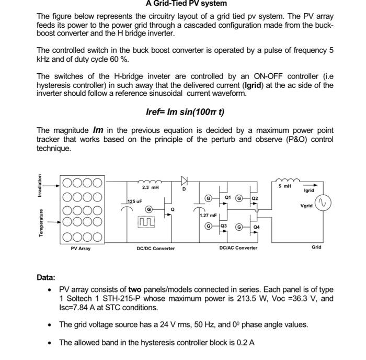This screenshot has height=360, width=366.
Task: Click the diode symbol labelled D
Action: click(184, 181)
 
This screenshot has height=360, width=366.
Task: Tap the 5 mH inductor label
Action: click(284, 186)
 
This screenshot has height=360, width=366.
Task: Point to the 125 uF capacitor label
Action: click(135, 201)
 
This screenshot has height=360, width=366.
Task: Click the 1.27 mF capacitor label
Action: click(208, 215)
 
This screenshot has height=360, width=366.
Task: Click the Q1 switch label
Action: click(228, 197)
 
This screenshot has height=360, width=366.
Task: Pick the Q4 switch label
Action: click(257, 228)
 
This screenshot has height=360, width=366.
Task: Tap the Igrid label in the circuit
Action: click(309, 191)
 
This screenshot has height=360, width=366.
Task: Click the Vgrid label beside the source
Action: click(306, 206)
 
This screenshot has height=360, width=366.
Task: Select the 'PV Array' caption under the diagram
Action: click(81, 248)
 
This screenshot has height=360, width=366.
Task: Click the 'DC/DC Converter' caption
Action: click(155, 248)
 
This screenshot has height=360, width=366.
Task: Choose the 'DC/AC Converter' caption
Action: click(238, 248)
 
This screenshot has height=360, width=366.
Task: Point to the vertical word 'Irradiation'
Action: click(40, 185)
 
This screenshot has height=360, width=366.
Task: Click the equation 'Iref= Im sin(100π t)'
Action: click(185, 112)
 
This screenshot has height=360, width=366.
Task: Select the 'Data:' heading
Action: click(46, 277)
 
